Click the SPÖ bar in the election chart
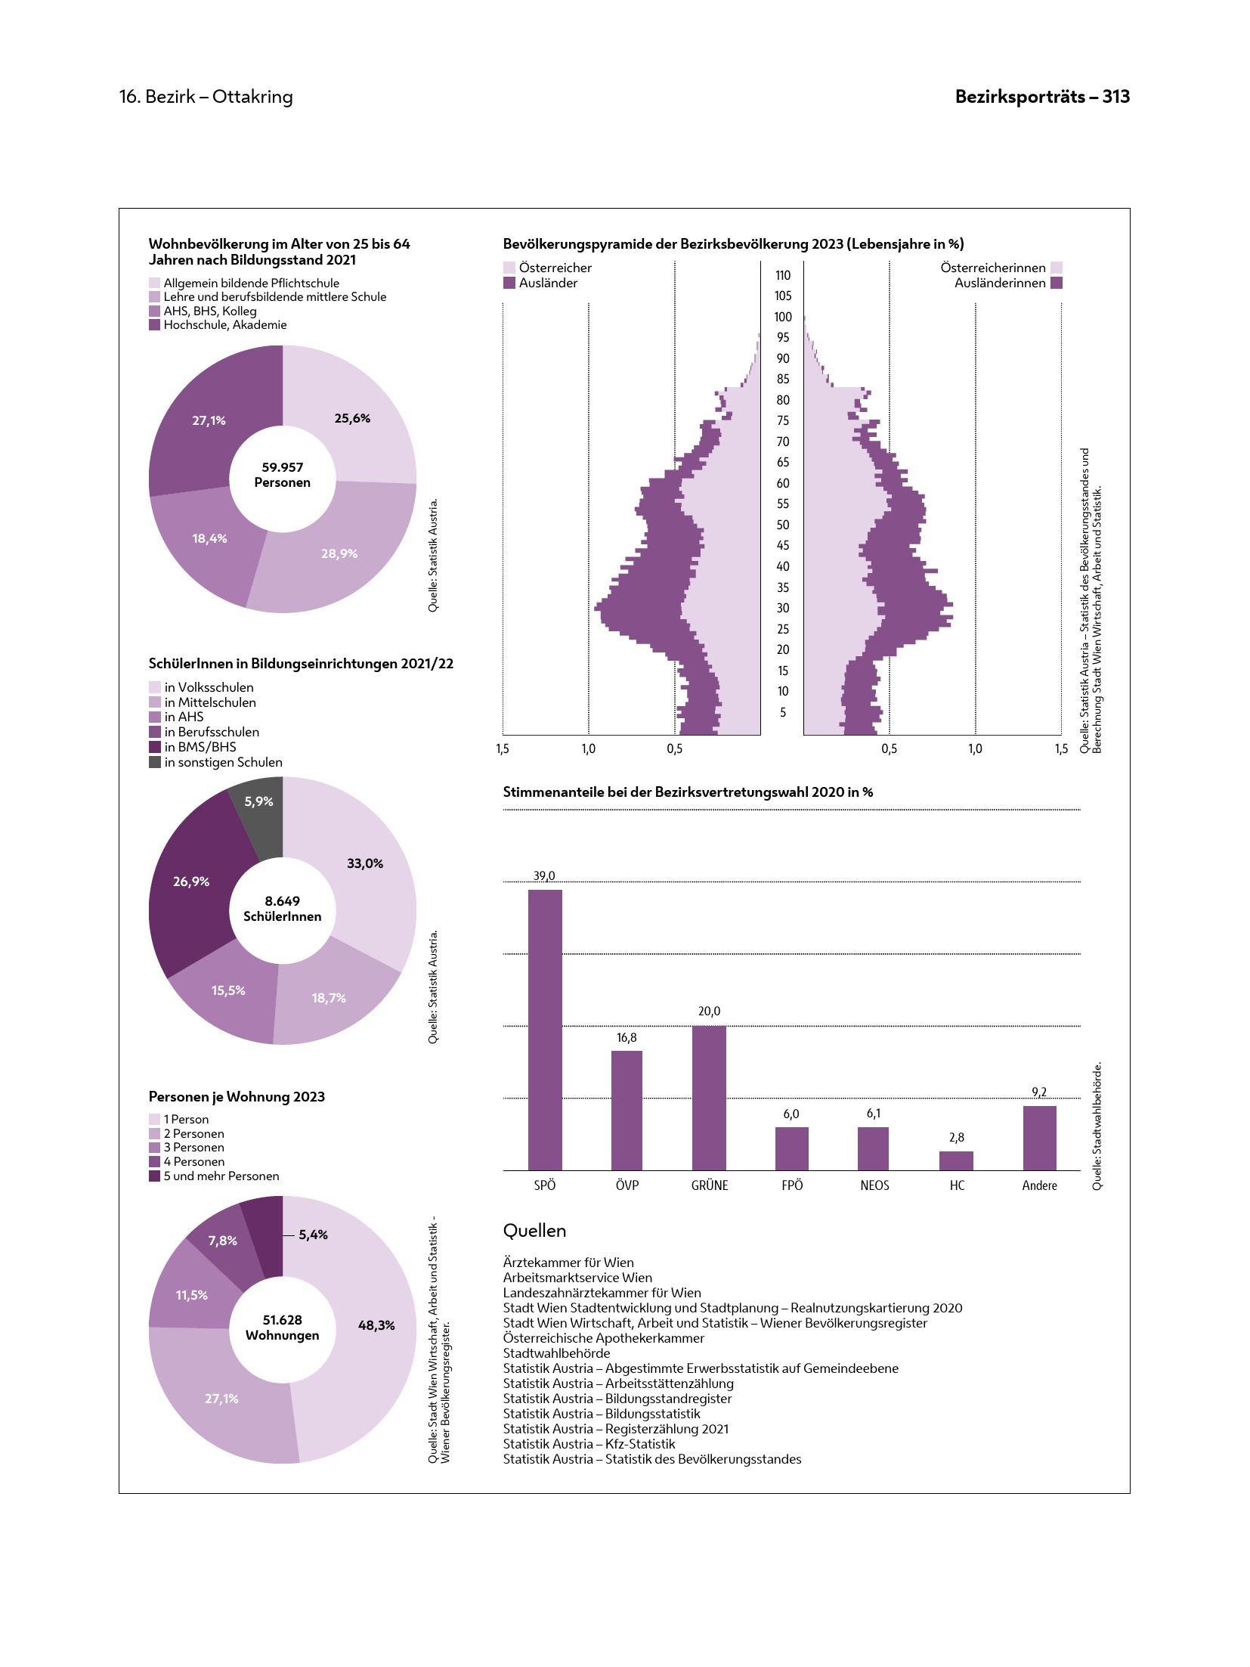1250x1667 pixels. click(545, 1029)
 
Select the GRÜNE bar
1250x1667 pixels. click(709, 1097)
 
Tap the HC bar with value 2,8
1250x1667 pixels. click(956, 1160)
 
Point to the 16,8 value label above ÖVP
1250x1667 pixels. click(627, 1038)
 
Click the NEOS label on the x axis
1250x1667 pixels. click(874, 1185)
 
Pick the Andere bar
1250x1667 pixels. click(1039, 1138)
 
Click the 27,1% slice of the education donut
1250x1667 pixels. click(209, 420)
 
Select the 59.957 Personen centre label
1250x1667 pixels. click(282, 475)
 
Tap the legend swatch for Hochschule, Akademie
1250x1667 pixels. click(155, 325)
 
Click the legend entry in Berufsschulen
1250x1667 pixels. click(212, 732)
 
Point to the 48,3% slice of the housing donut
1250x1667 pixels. click(376, 1325)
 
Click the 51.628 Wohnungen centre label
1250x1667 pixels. click(282, 1328)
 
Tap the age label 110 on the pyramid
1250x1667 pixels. click(783, 275)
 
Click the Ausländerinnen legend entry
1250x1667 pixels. click(1000, 283)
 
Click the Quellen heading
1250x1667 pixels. click(534, 1231)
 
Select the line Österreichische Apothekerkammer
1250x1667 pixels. click(603, 1338)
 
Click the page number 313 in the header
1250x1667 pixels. click(1115, 97)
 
